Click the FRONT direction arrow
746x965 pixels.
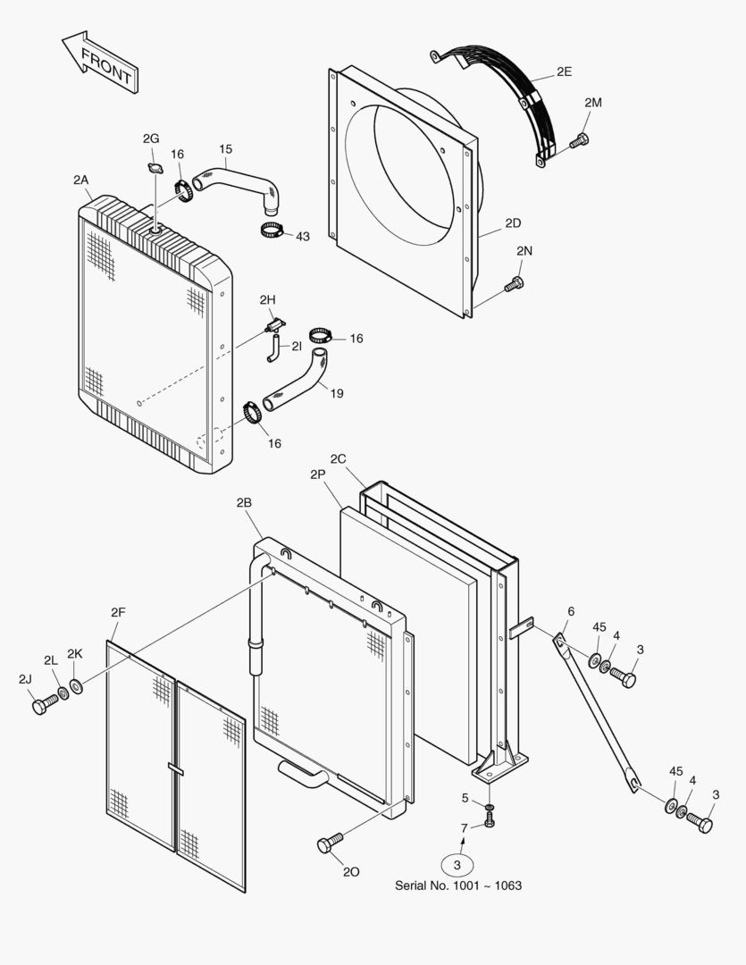[x=99, y=63]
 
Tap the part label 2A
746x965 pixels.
[x=81, y=180]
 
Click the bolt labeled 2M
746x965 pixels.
[x=578, y=139]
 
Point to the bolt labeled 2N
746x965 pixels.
[x=513, y=285]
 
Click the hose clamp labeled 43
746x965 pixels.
[x=272, y=231]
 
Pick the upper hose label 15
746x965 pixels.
[x=225, y=148]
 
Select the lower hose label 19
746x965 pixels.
[x=336, y=393]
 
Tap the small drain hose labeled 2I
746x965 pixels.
[x=272, y=352]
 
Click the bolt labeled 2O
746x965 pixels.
[x=329, y=843]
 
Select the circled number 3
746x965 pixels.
[x=457, y=864]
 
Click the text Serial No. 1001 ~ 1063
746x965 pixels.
[x=458, y=885]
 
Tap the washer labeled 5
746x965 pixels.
[x=490, y=808]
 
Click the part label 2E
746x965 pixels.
[x=564, y=72]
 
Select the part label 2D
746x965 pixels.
[x=512, y=222]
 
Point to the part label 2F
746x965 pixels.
[x=118, y=612]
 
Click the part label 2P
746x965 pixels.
[x=318, y=474]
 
